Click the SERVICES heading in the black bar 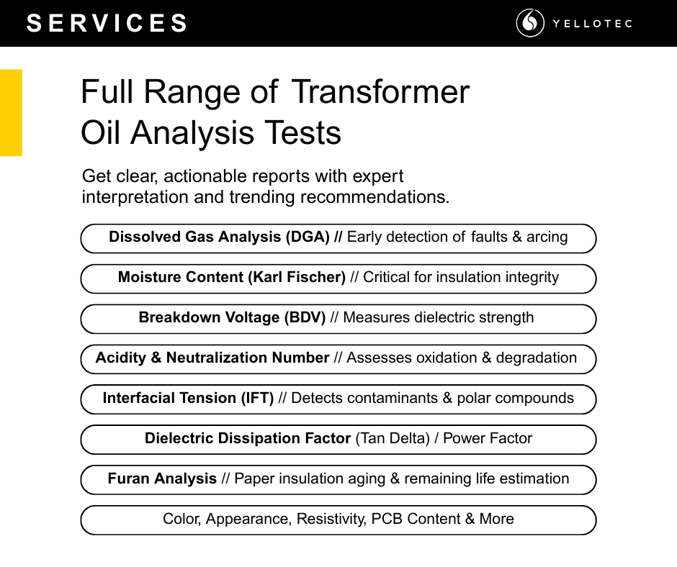[x=107, y=23]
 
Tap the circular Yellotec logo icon [x=530, y=23]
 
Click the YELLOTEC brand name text [x=592, y=23]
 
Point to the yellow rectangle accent [x=11, y=113]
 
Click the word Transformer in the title [x=380, y=92]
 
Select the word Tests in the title [x=302, y=132]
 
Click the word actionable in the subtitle [x=205, y=176]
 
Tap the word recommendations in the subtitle [x=375, y=196]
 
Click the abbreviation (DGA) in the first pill [x=308, y=237]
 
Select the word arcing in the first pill [x=547, y=237]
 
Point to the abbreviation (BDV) [x=305, y=317]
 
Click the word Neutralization [x=217, y=358]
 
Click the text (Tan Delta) [x=393, y=438]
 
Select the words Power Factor [x=488, y=438]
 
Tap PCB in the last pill [x=387, y=519]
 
